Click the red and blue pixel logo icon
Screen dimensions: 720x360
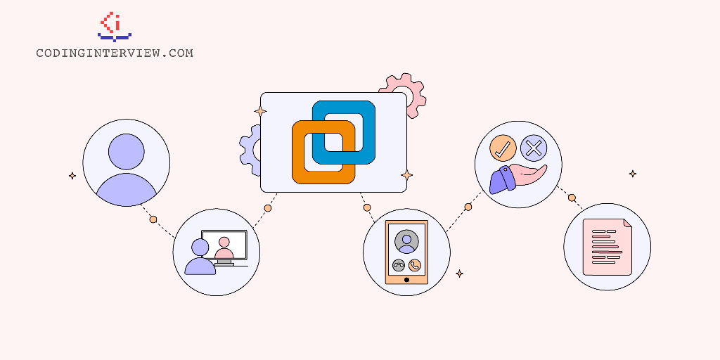[x=115, y=27]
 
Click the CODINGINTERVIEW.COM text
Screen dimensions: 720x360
[x=115, y=53]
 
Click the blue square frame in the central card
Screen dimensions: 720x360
[x=343, y=132]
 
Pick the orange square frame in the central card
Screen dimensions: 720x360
[x=323, y=152]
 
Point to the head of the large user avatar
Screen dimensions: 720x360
[x=127, y=152]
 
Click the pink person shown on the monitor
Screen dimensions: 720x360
[x=224, y=248]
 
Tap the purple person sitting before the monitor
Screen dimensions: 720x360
[x=200, y=257]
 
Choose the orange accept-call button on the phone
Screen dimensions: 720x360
[x=415, y=265]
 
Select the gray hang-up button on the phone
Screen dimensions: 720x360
[x=399, y=265]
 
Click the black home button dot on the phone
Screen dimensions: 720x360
[x=406, y=280]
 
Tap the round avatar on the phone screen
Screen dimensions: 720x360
[x=406, y=242]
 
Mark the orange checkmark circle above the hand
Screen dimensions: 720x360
[x=503, y=148]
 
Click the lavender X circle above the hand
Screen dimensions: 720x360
[x=534, y=148]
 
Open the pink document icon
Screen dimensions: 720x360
[x=607, y=247]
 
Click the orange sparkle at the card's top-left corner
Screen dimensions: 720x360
[x=260, y=112]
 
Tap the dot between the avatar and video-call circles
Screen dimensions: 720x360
[x=153, y=219]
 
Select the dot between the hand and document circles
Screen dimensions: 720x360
[x=572, y=198]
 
